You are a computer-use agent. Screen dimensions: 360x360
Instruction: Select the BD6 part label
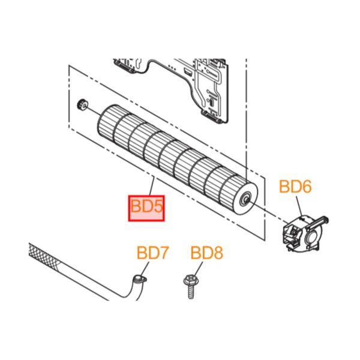[x=295, y=187]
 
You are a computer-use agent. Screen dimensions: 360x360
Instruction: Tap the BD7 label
[x=153, y=253]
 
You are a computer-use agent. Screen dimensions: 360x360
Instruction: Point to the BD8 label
[x=207, y=253]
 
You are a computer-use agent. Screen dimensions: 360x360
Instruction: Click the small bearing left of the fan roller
[x=82, y=104]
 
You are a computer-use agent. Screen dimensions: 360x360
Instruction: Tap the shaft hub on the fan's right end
[x=245, y=200]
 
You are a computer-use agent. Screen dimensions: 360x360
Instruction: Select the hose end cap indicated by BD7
[x=140, y=280]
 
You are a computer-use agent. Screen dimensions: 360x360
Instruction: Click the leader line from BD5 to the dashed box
[x=152, y=187]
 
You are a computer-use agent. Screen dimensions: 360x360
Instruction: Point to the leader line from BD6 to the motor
[x=299, y=205]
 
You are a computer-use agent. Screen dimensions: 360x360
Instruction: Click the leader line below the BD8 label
[x=198, y=268]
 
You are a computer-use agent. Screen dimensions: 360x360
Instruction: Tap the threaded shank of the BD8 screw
[x=191, y=292]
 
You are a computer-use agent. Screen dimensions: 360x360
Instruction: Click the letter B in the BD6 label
[x=284, y=187]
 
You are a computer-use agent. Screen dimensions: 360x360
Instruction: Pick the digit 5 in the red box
[x=158, y=206]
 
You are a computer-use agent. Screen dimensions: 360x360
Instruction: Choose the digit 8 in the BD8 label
[x=218, y=253]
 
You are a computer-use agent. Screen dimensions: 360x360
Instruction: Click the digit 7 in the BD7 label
[x=164, y=253]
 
